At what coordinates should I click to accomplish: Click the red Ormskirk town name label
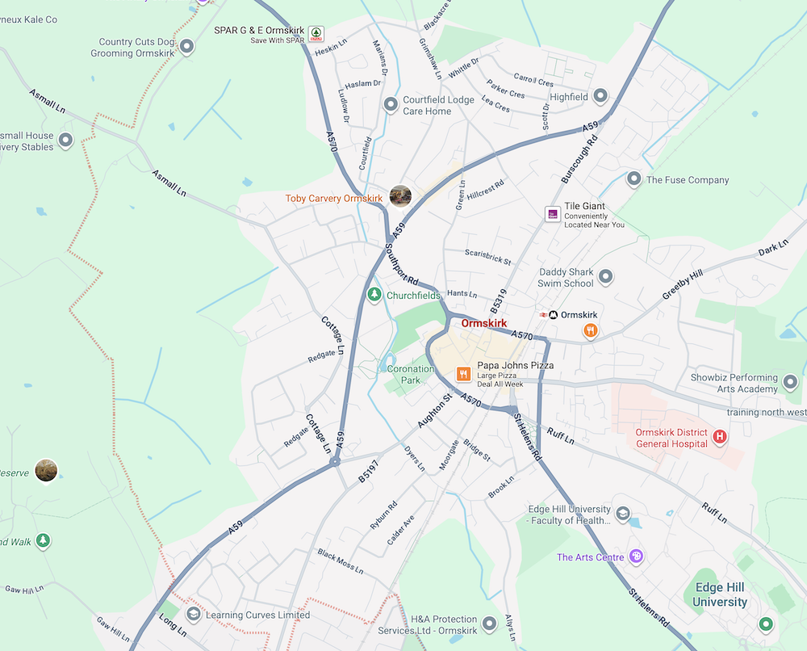coord(484,323)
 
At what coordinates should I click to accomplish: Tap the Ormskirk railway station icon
coord(553,314)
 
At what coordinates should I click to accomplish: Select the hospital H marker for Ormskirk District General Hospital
coord(720,437)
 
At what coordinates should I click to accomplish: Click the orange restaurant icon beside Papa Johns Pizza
coord(463,373)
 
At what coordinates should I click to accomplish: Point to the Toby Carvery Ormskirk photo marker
coord(400,195)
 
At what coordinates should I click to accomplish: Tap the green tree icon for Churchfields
coord(374,295)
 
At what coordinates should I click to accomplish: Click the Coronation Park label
coord(411,375)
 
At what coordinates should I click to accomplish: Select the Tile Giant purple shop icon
coord(553,213)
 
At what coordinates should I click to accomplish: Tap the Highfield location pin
coord(600,96)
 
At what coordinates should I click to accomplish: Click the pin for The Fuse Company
coord(634,179)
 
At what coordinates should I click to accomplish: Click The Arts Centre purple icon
coord(636,556)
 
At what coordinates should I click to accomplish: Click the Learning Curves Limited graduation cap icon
coord(193,615)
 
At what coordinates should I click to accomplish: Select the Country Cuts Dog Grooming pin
coord(187,47)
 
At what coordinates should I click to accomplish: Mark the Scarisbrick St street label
coord(488,257)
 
